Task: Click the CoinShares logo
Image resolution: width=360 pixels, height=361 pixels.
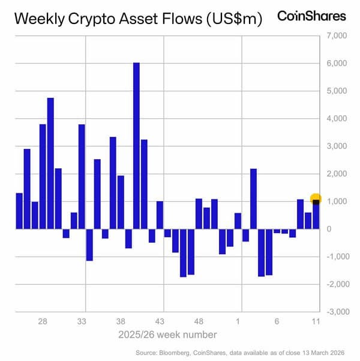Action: pyautogui.click(x=311, y=16)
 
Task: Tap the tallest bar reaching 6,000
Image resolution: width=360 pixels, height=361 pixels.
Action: pyautogui.click(x=136, y=145)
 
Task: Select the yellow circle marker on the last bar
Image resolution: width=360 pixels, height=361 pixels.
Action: pyautogui.click(x=316, y=199)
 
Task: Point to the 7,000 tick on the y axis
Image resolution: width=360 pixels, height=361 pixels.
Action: pyautogui.click(x=336, y=36)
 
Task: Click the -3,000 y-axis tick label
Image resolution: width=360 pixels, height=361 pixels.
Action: pyautogui.click(x=335, y=312)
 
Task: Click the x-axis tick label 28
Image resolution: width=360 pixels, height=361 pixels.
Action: pyautogui.click(x=43, y=321)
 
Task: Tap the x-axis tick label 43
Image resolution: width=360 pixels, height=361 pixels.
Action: pyautogui.click(x=160, y=321)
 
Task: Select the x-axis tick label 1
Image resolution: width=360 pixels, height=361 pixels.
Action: pyautogui.click(x=239, y=321)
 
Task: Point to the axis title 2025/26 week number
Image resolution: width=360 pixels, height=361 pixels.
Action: pyautogui.click(x=169, y=334)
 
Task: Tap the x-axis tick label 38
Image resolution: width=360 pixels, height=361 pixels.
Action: pyautogui.click(x=121, y=321)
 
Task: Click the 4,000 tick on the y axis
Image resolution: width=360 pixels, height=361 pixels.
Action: pyautogui.click(x=336, y=118)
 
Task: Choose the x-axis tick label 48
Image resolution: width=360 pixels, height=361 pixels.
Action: pyautogui.click(x=199, y=321)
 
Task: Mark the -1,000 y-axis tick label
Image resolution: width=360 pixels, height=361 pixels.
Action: pyautogui.click(x=335, y=256)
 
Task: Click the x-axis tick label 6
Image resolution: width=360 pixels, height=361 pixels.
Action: pyautogui.click(x=277, y=321)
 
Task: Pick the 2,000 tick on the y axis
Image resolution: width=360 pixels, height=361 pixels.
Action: pyautogui.click(x=336, y=174)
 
